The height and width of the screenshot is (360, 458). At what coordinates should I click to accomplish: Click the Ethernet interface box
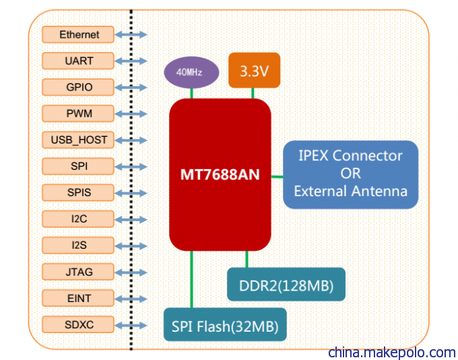(78, 34)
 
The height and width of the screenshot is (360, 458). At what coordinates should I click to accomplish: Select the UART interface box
(78, 61)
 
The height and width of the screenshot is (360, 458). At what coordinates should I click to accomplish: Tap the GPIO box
(78, 87)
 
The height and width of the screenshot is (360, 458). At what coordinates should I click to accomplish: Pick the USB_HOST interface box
(78, 140)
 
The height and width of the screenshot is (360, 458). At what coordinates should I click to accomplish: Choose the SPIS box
(78, 192)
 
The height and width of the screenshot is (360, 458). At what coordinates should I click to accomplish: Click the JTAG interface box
(78, 272)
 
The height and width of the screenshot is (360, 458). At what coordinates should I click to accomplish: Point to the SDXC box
(78, 324)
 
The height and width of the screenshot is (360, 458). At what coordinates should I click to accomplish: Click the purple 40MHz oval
(191, 72)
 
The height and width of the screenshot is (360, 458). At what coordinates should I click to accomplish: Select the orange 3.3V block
(254, 70)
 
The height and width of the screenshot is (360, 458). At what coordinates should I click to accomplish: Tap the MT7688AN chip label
(220, 175)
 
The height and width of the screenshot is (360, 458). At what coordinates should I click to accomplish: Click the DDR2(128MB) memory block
(286, 284)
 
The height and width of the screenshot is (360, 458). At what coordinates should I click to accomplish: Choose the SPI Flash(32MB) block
(225, 325)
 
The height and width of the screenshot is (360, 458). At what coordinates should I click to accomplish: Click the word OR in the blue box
(350, 173)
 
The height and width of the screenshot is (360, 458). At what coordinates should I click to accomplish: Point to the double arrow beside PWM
(131, 114)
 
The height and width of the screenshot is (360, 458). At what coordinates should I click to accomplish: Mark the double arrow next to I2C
(131, 219)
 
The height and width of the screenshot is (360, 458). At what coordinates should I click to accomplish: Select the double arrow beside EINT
(131, 299)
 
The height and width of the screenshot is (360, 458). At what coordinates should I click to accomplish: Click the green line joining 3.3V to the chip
(253, 93)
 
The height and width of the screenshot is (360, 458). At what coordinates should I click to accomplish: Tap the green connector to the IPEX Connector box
(277, 177)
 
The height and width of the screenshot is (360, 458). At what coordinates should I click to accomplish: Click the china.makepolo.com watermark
(392, 352)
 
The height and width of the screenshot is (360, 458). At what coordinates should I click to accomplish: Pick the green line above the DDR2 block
(247, 259)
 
